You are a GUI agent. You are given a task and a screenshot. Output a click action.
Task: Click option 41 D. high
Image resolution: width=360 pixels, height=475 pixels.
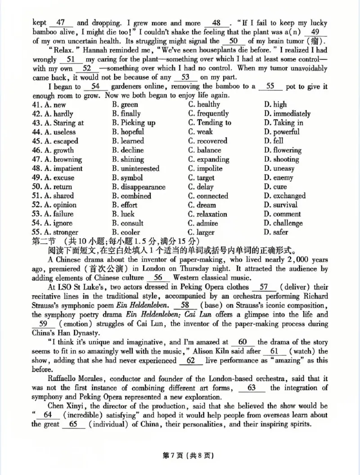pyautogui.click(x=275, y=104)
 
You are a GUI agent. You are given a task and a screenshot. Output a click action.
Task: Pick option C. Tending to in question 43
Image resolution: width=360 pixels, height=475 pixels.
pyautogui.click(x=210, y=123)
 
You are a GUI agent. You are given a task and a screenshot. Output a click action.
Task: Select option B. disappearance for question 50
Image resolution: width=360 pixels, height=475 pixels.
pyautogui.click(x=139, y=187)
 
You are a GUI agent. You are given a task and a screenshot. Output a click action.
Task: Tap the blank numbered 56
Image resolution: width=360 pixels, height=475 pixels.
pyautogui.click(x=158, y=278)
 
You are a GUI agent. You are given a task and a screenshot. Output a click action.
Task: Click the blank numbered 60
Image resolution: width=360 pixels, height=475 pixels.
pyautogui.click(x=243, y=342)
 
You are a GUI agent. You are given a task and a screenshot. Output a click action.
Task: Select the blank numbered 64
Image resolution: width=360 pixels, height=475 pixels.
pyautogui.click(x=48, y=415)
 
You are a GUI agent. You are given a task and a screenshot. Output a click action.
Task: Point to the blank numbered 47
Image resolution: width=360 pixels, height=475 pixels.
pyautogui.click(x=62, y=23)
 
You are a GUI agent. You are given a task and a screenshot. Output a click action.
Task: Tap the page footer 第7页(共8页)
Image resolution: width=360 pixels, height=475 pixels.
pyautogui.click(x=180, y=456)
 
